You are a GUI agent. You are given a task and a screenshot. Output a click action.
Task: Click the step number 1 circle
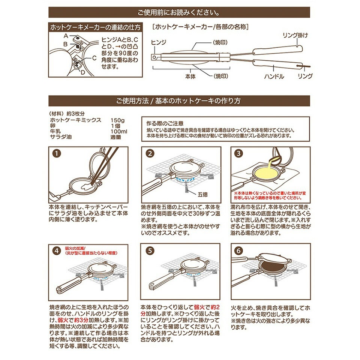coord(56,154)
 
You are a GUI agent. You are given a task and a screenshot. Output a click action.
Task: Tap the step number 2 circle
coord(150,154)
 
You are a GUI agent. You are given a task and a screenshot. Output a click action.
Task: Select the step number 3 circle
coord(238,154)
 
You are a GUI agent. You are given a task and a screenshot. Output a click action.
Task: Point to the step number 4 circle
coord(56,251)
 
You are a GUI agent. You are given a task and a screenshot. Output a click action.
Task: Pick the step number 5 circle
coord(150,251)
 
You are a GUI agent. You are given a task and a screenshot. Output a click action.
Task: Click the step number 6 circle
coord(238,251)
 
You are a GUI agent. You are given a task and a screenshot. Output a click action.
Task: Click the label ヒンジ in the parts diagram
coord(158,43)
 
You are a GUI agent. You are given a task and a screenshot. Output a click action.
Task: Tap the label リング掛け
coord(295,35)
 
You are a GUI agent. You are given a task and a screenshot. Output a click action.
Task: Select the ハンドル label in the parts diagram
coord(274,76)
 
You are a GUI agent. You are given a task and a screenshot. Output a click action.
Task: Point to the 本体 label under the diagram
coord(190,76)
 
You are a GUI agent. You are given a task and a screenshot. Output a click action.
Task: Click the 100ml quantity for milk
coord(119,131)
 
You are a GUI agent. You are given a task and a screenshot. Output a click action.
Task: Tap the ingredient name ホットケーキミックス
coord(76,120)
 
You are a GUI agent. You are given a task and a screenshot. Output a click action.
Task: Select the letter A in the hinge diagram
coord(65,36)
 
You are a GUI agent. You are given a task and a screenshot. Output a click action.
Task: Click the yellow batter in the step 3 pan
coord(268,173)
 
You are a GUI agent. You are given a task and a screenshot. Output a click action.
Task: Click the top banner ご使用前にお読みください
coord(180,12)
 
